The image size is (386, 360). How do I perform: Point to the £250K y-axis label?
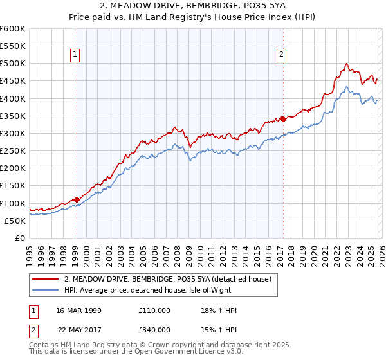click(x=13, y=151)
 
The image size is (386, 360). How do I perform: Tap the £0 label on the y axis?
click(x=20, y=239)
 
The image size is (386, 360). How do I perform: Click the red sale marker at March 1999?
click(x=77, y=199)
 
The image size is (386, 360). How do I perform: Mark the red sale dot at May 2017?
click(x=282, y=119)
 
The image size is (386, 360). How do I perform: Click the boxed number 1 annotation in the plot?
click(x=76, y=55)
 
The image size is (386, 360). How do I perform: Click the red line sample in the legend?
click(x=46, y=279)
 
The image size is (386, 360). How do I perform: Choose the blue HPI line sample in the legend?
click(x=46, y=290)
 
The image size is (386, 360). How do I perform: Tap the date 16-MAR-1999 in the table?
click(x=79, y=310)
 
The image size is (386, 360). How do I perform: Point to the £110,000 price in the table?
click(x=154, y=310)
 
